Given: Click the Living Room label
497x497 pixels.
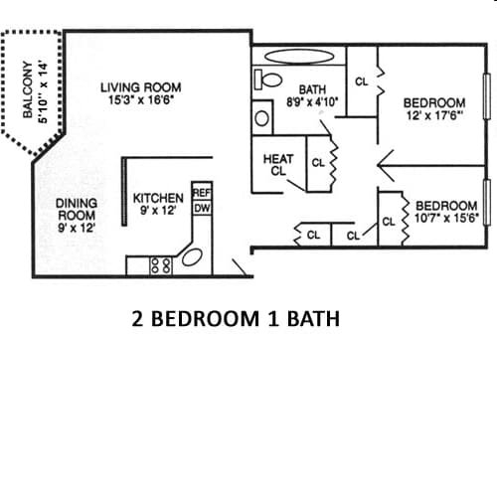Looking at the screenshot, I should [140, 87].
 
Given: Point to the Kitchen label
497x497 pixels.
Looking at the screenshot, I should [158, 198].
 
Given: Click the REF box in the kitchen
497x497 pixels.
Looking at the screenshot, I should [201, 193].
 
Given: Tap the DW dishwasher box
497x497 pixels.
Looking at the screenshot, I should [201, 208].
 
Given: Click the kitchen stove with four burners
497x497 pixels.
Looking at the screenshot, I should [160, 265].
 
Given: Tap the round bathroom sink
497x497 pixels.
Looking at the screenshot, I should [262, 117].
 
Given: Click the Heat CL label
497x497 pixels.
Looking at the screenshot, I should [277, 165].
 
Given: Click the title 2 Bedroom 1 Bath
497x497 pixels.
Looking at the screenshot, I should [236, 320].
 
